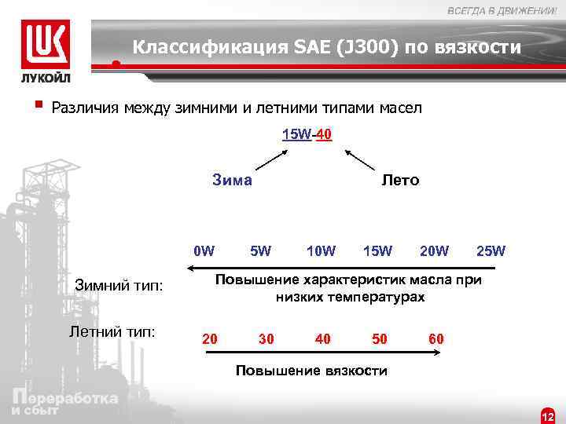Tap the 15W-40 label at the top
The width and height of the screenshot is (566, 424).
pos(307,134)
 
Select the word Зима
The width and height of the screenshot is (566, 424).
pos(232,180)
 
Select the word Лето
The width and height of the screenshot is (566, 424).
pos(401,180)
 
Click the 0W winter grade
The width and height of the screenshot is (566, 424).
pos(204,251)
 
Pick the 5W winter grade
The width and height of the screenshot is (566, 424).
pos(260,251)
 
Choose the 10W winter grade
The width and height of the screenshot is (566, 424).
pos(321,251)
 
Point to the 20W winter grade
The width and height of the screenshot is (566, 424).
pos(434,251)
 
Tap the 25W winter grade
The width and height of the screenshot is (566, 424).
pos(491,251)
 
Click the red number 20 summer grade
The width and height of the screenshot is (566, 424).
pos(210,339)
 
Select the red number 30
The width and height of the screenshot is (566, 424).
pos(266,339)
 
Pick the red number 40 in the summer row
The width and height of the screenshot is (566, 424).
pos(322,339)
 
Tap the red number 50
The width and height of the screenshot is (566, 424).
pos(380,339)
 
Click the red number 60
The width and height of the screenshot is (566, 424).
pos(436,339)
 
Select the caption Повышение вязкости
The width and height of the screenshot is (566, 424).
pos(312,371)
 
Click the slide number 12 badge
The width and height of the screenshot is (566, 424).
pos(548,415)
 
